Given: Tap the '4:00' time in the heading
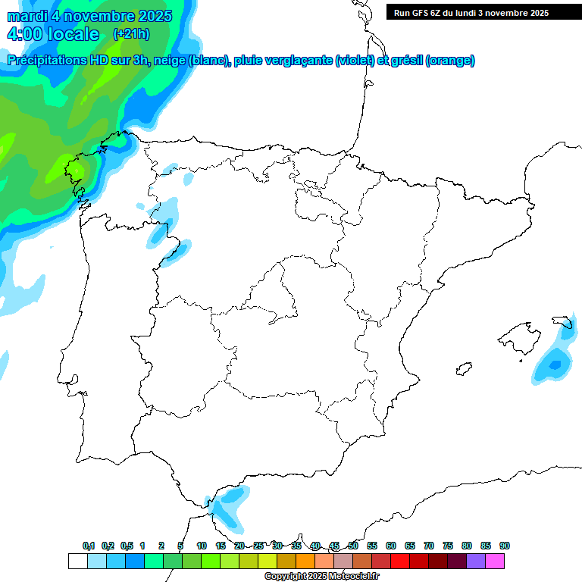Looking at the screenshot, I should tap(23, 34).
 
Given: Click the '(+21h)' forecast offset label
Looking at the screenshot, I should tap(131, 34).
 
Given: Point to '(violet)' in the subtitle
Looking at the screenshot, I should tap(355, 61).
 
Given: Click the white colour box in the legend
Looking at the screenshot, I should tap(77, 561).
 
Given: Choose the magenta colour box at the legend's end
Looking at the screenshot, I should tap(495, 561).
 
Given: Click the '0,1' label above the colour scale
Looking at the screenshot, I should tap(88, 546).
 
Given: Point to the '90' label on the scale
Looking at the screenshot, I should tap(505, 546).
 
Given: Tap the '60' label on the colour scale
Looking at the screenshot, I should tap(391, 546).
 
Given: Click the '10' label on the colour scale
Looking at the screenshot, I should tap(202, 546).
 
